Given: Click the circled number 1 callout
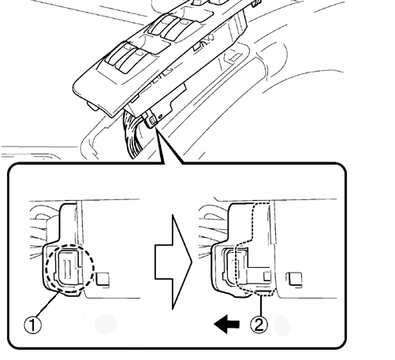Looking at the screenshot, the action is pyautogui.click(x=32, y=325).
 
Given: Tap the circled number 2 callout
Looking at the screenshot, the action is pyautogui.click(x=259, y=325).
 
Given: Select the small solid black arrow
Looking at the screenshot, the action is pyautogui.click(x=227, y=325).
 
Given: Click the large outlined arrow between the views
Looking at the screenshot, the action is pyautogui.click(x=173, y=262).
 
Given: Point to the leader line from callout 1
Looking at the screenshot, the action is pyautogui.click(x=47, y=305).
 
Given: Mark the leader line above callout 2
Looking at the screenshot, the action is pyautogui.click(x=261, y=306).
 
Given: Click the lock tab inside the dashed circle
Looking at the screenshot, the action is pyautogui.click(x=68, y=267).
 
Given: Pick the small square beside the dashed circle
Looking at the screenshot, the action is pyautogui.click(x=102, y=279).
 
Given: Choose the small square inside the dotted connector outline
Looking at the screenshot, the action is pyautogui.click(x=267, y=276).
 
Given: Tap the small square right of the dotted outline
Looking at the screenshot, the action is pyautogui.click(x=294, y=279).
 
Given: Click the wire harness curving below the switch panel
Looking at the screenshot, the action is pyautogui.click(x=132, y=135).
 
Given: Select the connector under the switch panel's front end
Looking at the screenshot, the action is pyautogui.click(x=150, y=120).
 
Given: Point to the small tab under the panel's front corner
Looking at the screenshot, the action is pyautogui.click(x=92, y=106).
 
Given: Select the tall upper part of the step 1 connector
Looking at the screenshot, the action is pyautogui.click(x=69, y=223).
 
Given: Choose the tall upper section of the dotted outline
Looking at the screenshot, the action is pyautogui.click(x=261, y=222).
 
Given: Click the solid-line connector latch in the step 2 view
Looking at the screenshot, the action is pyautogui.click(x=231, y=267).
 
